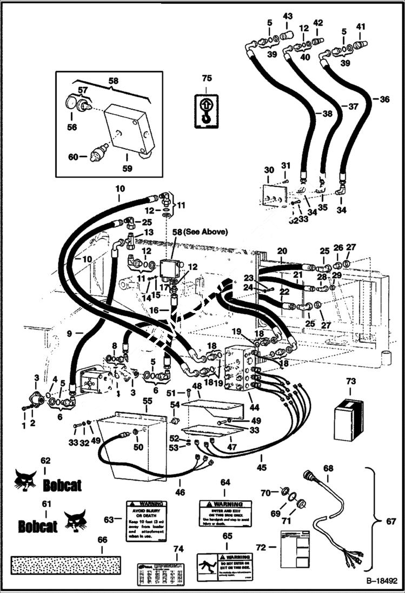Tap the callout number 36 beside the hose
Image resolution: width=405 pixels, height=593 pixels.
tap(384, 99)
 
